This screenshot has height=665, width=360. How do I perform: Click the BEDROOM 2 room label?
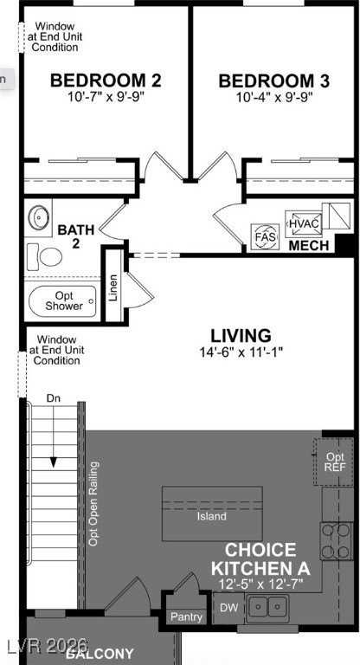pos(106,81)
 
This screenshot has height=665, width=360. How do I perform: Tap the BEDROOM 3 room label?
pos(273,81)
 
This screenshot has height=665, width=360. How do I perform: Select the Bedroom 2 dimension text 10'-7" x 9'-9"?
pos(106,98)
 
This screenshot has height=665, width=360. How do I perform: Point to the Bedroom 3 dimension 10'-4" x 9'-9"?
pos(273,98)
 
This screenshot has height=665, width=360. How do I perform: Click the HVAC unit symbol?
pos(304,223)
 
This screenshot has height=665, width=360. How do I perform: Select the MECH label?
pos(309,246)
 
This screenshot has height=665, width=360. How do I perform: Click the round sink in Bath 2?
pos(39,218)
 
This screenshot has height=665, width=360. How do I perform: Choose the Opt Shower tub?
pos(64,300)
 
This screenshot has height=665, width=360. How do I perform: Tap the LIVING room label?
pos(241,335)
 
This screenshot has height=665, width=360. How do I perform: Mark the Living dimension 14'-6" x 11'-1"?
pos(241,352)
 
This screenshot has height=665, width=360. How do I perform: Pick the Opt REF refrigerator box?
pos(335,462)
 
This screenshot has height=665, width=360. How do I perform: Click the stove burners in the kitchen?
pos(336,541)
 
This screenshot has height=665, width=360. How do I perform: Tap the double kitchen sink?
pos(267,610)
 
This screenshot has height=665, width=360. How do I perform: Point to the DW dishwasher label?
pos(227,609)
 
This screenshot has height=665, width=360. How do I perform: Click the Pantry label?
pos(186,617)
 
